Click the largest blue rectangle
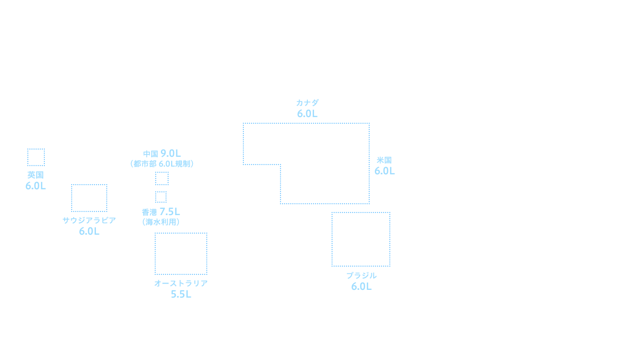tap(306, 163)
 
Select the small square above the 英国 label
tap(36, 157)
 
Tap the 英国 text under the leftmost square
tap(36, 175)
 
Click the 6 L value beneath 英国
tap(36, 186)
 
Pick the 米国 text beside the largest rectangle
tap(384, 160)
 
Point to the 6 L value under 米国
tap(385, 171)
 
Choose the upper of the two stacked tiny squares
tap(161, 178)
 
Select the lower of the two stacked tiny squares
tap(160, 197)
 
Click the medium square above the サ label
tap(89, 198)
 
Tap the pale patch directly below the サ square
tap(91, 226)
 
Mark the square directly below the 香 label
tap(180, 253)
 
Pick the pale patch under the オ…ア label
tap(181, 289)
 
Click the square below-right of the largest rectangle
tap(360, 239)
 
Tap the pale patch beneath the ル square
tap(358, 281)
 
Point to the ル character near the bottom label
tap(374, 276)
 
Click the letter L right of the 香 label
tap(177, 211)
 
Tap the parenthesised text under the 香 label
tap(161, 222)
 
